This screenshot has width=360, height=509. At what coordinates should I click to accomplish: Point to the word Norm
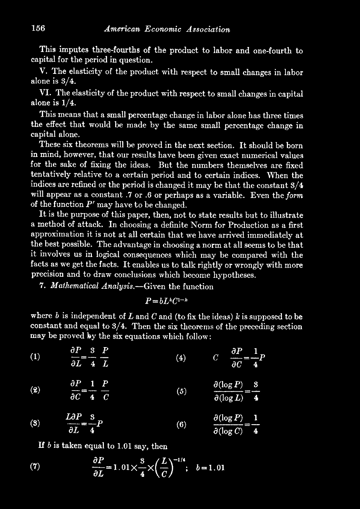pyautogui.click(x=200, y=225)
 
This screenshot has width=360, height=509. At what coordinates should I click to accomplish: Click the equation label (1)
pyautogui.click(x=34, y=357)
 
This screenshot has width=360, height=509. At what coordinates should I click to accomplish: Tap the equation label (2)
pyautogui.click(x=34, y=391)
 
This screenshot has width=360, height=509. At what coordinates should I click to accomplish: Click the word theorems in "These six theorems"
pyautogui.click(x=80, y=145)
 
